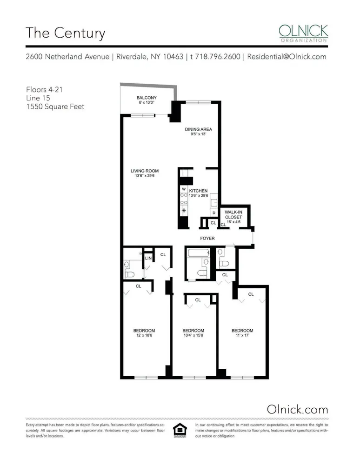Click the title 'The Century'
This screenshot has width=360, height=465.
click(65, 33)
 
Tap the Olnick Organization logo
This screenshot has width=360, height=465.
click(303, 33)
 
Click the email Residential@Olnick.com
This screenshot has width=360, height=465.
click(287, 57)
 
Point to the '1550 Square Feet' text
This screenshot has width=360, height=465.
click(55, 106)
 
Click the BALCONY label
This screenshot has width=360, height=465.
click(146, 98)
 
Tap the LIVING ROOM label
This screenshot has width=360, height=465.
click(145, 171)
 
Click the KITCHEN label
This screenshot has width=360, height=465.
click(198, 191)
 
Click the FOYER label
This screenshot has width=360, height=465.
click(207, 239)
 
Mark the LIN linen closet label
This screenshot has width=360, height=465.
click(148, 258)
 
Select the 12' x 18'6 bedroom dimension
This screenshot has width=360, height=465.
click(145, 336)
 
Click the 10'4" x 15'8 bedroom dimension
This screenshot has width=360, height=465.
click(193, 336)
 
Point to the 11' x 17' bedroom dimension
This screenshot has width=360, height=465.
click(242, 336)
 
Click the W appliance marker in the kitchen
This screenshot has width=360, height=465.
click(184, 189)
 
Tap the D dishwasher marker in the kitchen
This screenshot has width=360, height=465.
click(213, 213)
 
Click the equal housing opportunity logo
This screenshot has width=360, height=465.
click(179, 430)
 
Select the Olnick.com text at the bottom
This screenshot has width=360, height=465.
click(297, 409)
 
